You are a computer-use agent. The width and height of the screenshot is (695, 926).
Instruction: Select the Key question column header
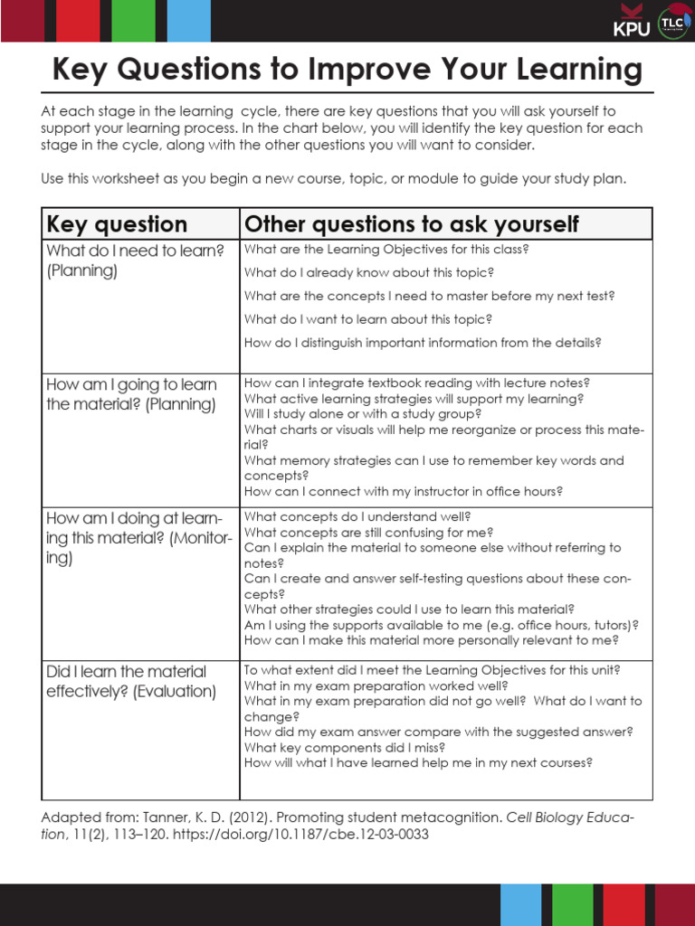click(x=117, y=223)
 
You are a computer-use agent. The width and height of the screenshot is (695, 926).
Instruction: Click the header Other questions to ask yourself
click(x=412, y=223)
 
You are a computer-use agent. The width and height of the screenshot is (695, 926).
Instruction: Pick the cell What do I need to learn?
click(x=135, y=260)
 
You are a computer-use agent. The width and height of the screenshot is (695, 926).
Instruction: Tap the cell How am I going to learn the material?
click(x=131, y=394)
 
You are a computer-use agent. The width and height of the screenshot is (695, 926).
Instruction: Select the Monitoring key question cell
click(x=138, y=537)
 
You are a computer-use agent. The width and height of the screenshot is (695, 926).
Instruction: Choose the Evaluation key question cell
click(x=131, y=681)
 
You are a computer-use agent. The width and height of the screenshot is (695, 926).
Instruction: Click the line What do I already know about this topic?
click(x=369, y=272)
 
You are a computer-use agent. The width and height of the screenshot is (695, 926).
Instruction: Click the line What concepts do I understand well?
click(x=357, y=516)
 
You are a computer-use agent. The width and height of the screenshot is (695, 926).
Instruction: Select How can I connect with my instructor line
click(x=404, y=491)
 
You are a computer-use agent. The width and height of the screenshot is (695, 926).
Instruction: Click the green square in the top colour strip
click(x=133, y=20)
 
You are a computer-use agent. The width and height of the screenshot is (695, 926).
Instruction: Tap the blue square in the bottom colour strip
click(x=520, y=904)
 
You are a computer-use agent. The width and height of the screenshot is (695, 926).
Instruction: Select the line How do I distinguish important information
click(x=423, y=343)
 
